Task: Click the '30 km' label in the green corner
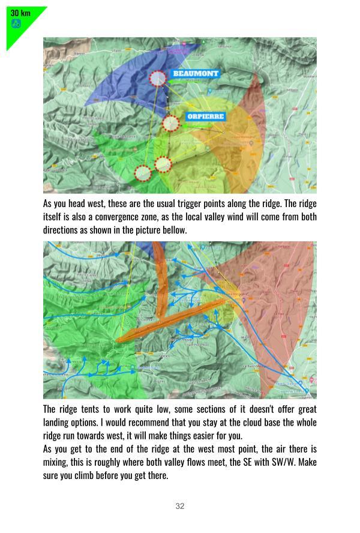[20, 13]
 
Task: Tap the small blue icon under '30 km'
[16, 23]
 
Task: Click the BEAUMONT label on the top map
[196, 74]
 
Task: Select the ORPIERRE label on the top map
[205, 116]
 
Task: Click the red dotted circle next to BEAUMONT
[158, 79]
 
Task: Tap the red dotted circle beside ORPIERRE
[171, 124]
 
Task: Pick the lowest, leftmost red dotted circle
[143, 173]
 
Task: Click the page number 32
[180, 506]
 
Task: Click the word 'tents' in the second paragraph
[89, 409]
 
